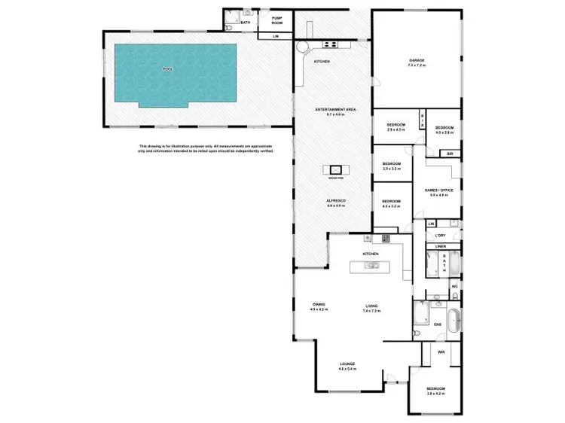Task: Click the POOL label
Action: click(x=167, y=68)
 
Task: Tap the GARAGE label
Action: click(x=417, y=59)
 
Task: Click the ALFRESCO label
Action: click(x=335, y=200)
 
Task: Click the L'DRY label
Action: click(x=441, y=236)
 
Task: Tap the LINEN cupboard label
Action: click(x=441, y=247)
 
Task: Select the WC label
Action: click(x=455, y=287)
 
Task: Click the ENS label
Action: click(x=438, y=324)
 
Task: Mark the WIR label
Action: click(x=442, y=351)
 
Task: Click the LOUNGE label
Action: click(x=347, y=364)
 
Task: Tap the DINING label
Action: click(x=319, y=304)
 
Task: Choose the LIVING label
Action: click(x=371, y=304)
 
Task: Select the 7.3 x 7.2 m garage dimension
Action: click(x=417, y=65)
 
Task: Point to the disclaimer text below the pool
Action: click(x=205, y=148)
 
